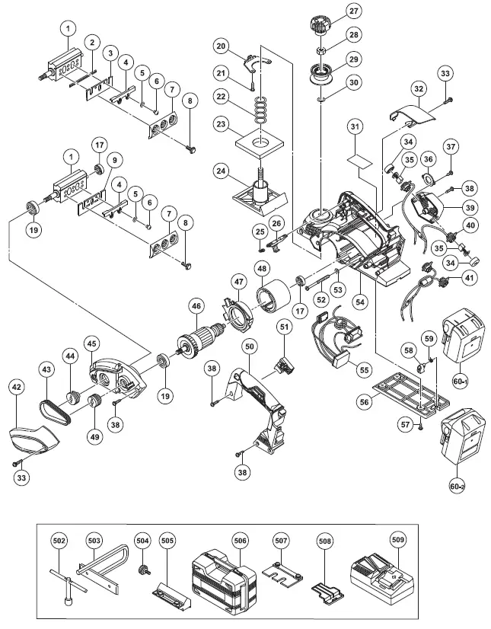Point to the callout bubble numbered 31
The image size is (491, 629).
354,126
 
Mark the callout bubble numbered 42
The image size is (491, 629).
16,387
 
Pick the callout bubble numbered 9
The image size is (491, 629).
113,160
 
